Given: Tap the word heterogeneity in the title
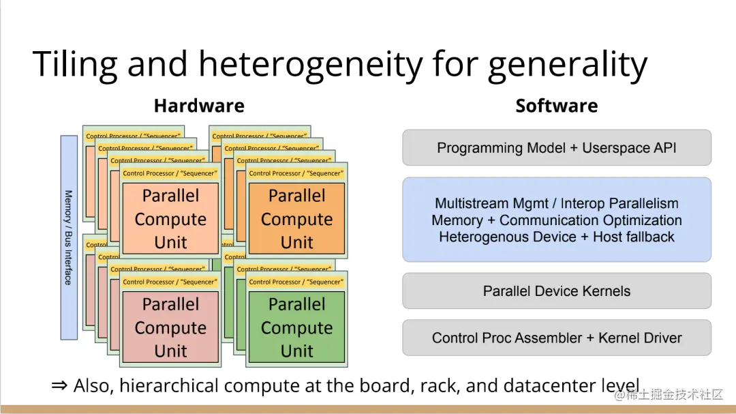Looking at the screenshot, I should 310,65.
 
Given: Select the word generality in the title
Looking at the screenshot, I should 567,65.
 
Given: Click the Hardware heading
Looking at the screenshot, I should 199,106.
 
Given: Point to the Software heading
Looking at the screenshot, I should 556,106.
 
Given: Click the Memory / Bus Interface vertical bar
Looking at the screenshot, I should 69,237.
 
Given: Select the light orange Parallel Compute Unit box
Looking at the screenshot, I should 170,220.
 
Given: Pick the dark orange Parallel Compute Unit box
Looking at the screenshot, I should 297,220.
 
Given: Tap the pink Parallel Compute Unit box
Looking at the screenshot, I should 170,328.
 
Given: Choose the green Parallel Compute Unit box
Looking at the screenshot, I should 297,328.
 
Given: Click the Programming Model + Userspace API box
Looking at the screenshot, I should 556,148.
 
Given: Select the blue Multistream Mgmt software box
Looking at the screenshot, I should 556,220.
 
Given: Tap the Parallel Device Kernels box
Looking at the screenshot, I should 556,291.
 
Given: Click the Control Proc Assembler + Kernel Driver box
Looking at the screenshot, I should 556,338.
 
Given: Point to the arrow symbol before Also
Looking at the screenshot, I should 60,386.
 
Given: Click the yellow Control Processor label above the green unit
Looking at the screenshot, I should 297,282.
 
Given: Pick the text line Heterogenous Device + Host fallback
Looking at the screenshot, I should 556,237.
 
